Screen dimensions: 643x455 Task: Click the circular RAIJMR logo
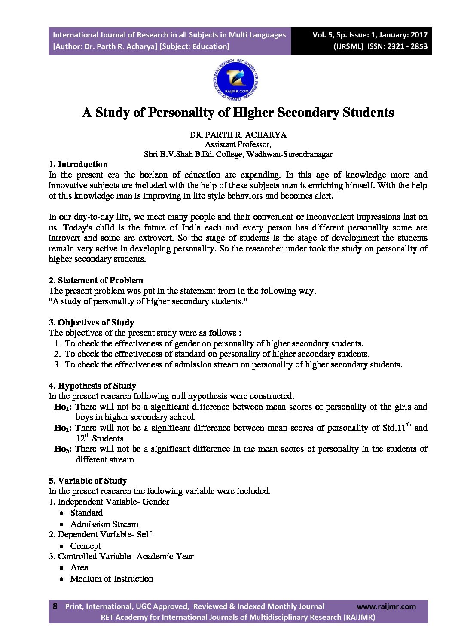pyautogui.click(x=235, y=80)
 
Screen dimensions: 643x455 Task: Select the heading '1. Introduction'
pyautogui.click(x=78, y=164)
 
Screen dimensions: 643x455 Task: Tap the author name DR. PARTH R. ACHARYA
pyautogui.click(x=238, y=135)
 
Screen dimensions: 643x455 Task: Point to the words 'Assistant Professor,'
pyautogui.click(x=238, y=144)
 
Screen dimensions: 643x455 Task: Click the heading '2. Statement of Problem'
pyautogui.click(x=96, y=280)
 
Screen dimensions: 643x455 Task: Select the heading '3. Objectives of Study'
pyautogui.click(x=92, y=322)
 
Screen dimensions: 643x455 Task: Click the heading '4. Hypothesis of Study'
pyautogui.click(x=92, y=386)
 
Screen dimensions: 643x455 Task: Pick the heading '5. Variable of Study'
pyautogui.click(x=88, y=481)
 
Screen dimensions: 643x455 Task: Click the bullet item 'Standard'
pyautogui.click(x=87, y=513)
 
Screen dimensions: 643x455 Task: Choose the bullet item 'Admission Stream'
pyautogui.click(x=104, y=524)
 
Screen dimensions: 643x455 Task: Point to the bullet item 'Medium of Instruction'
pyautogui.click(x=112, y=579)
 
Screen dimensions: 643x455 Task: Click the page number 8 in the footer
pyautogui.click(x=55, y=606)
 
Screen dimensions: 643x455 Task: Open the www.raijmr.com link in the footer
pyautogui.click(x=386, y=606)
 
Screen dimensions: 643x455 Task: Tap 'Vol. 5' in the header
pyautogui.click(x=322, y=35)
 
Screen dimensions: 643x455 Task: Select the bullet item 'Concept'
pyautogui.click(x=86, y=546)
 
